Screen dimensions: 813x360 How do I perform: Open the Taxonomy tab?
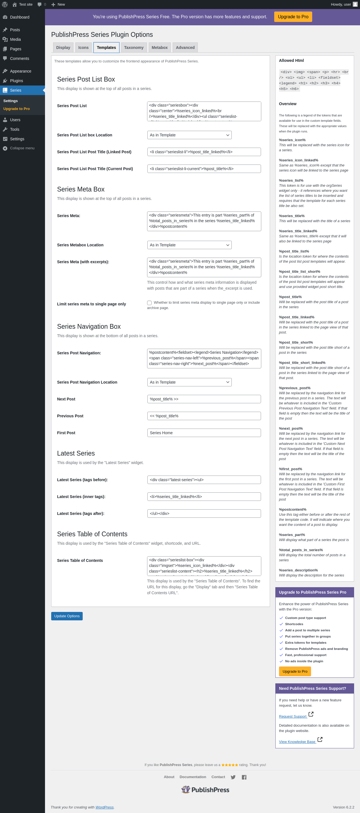tap(134, 48)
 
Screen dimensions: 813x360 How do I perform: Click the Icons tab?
tap(83, 48)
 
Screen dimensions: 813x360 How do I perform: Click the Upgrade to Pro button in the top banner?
tap(293, 17)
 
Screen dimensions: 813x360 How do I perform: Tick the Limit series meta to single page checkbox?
tap(149, 303)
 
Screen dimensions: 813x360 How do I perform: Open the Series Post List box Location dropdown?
tap(189, 135)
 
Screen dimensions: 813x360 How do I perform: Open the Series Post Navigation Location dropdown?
tap(189, 382)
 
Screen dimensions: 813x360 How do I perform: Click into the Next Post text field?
tap(204, 399)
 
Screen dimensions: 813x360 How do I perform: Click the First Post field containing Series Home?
tap(204, 433)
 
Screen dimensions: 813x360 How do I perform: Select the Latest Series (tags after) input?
tap(204, 514)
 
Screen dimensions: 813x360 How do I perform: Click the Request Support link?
tap(292, 717)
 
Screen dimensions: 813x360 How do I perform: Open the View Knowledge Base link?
tap(297, 742)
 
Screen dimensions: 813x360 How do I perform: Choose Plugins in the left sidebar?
tap(16, 81)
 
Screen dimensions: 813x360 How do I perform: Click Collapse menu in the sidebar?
tap(22, 148)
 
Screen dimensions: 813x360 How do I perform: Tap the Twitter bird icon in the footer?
tap(233, 777)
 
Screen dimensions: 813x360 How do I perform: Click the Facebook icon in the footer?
tap(244, 777)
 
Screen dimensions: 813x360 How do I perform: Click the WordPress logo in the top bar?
tap(5, 4)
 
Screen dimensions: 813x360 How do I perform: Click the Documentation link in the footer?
tap(193, 777)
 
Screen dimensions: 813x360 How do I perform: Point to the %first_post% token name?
tap(290, 469)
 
